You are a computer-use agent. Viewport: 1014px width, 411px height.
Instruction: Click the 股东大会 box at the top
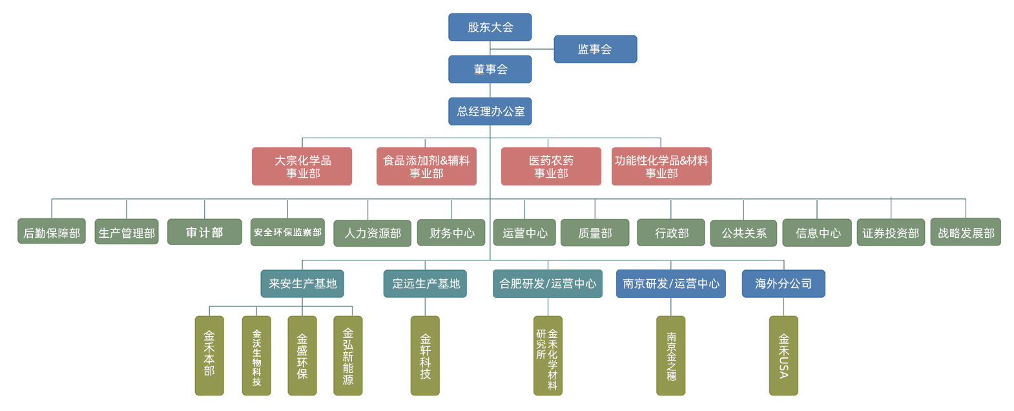(490, 27)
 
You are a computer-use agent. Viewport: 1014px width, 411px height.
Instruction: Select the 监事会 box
(595, 49)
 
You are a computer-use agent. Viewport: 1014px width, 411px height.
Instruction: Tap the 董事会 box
(490, 69)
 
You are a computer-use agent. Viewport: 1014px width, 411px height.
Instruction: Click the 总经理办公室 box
(490, 111)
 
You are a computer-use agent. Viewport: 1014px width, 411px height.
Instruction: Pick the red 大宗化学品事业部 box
(302, 166)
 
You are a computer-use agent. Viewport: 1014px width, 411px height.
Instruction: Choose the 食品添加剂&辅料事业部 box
(426, 166)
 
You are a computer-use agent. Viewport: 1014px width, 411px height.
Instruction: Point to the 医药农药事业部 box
(550, 166)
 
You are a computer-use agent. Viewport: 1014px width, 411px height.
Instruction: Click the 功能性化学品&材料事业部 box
(661, 166)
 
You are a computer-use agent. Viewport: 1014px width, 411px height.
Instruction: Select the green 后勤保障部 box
(52, 232)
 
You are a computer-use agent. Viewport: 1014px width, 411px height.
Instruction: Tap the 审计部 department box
(204, 232)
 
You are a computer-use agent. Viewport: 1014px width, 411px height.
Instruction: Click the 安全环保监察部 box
(287, 232)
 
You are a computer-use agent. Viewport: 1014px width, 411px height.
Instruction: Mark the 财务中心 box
(451, 233)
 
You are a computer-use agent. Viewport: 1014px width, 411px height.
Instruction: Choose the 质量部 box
(595, 233)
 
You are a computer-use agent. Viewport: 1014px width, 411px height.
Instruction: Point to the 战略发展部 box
(966, 233)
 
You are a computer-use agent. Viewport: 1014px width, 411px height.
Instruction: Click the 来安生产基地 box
(302, 284)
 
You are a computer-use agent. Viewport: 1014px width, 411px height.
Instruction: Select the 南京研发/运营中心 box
(670, 284)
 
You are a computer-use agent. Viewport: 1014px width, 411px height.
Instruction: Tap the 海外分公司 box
(783, 284)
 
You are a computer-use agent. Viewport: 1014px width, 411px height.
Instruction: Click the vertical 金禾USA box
(783, 355)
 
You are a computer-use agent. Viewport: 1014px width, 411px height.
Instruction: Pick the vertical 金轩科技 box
(425, 355)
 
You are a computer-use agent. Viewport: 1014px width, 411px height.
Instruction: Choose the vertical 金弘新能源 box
(347, 355)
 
